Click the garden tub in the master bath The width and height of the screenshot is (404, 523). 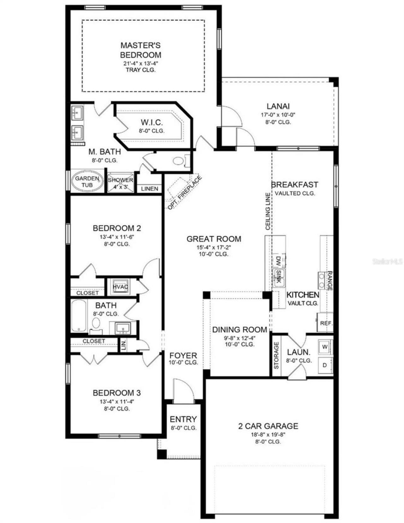[x=87, y=181]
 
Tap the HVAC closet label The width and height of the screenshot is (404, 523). [x=120, y=287]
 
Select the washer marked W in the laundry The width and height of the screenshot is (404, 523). [x=325, y=347]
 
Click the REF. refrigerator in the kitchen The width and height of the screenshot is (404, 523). [x=325, y=323]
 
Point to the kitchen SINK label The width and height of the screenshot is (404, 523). [x=279, y=276]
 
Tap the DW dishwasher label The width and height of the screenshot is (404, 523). [x=278, y=261]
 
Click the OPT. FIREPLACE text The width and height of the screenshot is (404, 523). [x=185, y=193]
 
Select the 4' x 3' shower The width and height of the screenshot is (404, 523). [x=120, y=183]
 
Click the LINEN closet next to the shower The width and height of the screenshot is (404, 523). [x=149, y=189]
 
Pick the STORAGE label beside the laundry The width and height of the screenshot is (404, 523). [x=276, y=355]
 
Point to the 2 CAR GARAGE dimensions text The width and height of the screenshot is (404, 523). [x=268, y=434]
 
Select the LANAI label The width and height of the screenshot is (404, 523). [x=278, y=106]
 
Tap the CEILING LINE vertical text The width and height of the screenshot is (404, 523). [x=268, y=211]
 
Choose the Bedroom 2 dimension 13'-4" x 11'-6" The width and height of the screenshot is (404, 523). [x=117, y=237]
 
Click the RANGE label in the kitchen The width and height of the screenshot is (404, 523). [x=330, y=281]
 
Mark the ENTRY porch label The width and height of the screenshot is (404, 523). [x=183, y=419]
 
